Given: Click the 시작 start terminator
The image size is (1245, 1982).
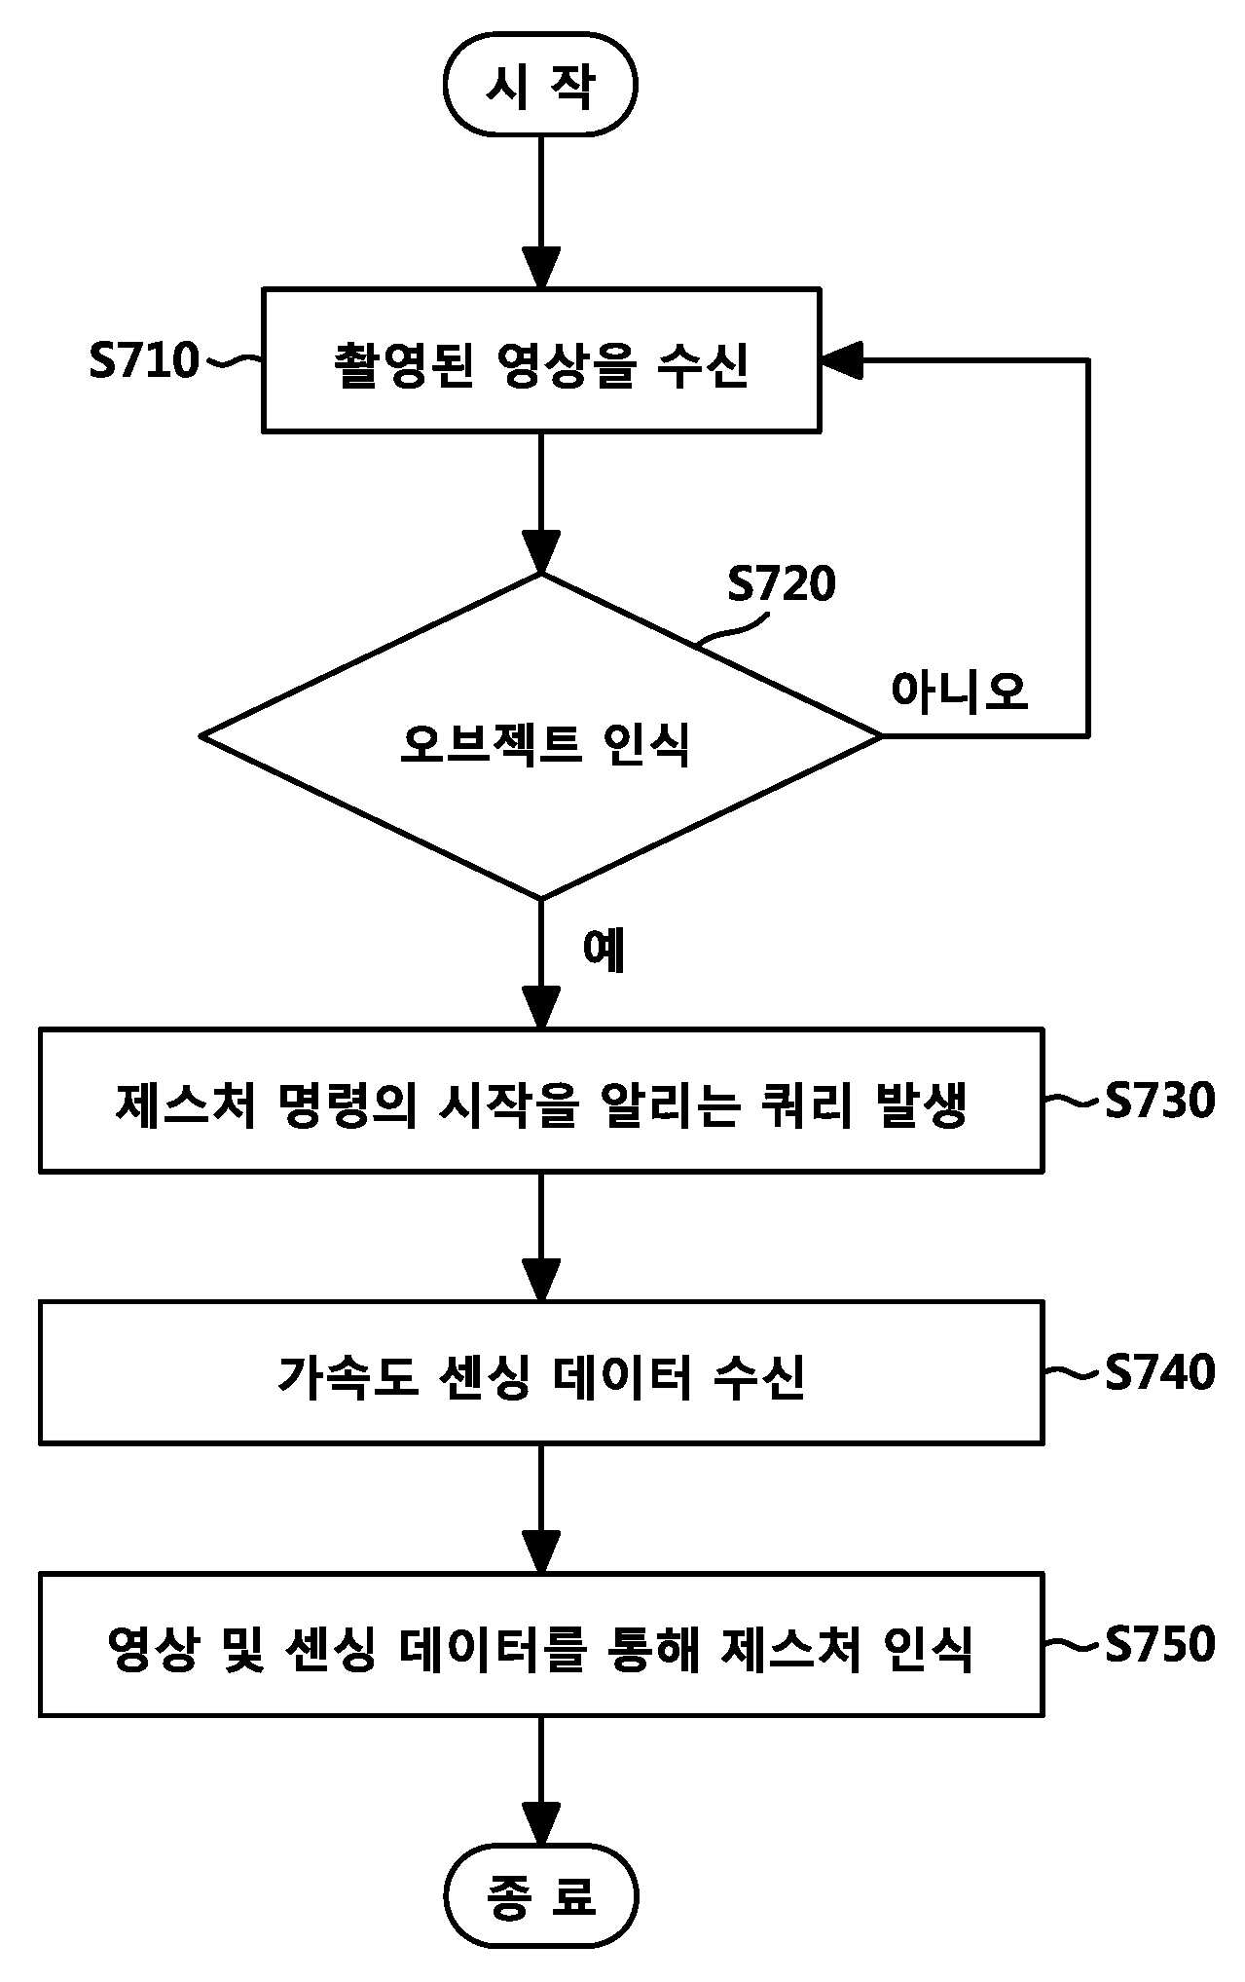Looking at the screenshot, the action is [540, 85].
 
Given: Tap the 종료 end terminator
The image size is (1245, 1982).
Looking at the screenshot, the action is [540, 1895].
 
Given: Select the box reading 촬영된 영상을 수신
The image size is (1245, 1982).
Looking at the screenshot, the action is [541, 360].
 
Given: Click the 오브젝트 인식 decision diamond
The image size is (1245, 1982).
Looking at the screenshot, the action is [541, 736].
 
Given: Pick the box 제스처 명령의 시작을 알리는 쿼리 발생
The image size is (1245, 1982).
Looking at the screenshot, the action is [541, 1101].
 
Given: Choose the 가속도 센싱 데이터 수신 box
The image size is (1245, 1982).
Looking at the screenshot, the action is [541, 1372].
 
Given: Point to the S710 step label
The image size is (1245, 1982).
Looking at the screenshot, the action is [143, 360].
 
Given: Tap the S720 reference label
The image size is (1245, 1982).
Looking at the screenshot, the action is [782, 584].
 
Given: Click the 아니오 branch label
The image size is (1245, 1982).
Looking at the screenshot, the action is [959, 692].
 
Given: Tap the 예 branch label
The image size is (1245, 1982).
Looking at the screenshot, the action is [604, 950].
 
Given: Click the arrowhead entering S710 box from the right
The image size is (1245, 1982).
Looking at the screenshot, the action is [842, 360].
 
